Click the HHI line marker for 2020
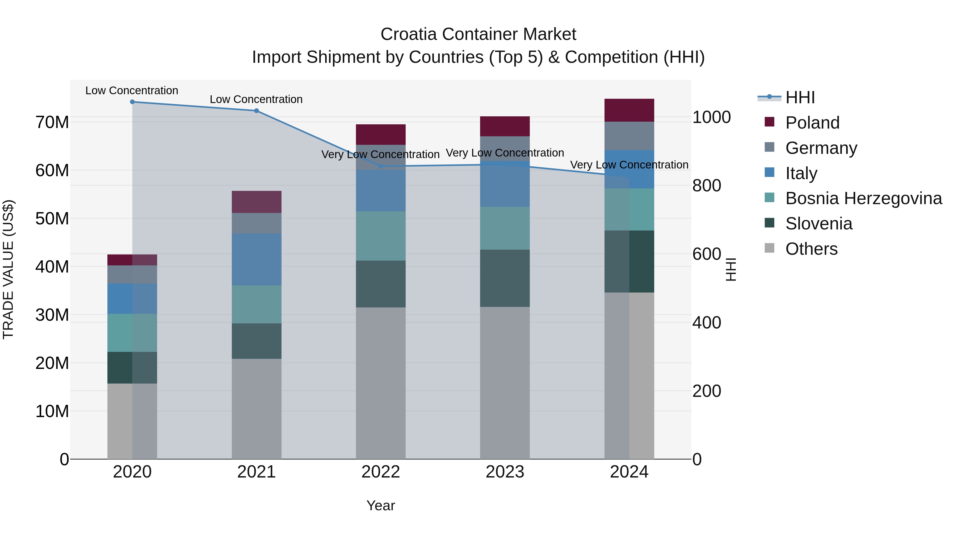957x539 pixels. point(132,102)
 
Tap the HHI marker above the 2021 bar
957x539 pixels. point(256,111)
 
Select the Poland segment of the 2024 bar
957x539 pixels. point(629,110)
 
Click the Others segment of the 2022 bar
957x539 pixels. point(380,383)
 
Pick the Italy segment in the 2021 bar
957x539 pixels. point(256,259)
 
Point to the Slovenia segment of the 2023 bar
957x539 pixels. point(505,278)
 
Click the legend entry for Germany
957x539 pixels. point(821,148)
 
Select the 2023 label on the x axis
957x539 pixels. point(505,472)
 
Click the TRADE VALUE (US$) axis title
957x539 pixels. point(8,269)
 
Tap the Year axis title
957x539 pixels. point(380,505)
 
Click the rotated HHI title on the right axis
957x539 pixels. point(731,269)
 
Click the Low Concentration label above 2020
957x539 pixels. point(132,90)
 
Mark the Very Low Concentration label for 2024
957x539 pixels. point(629,165)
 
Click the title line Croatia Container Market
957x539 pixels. point(478,34)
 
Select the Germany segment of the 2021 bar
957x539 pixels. point(256,223)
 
